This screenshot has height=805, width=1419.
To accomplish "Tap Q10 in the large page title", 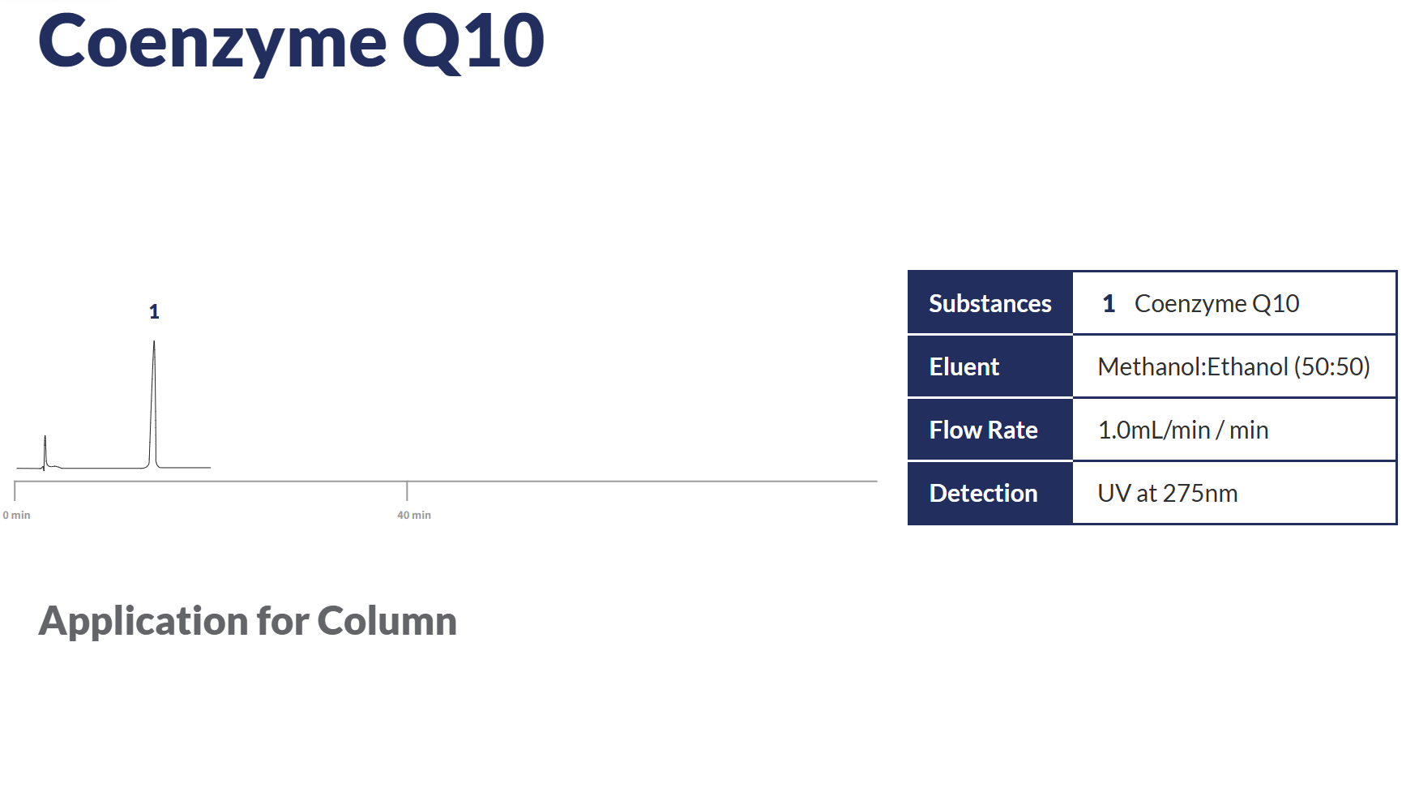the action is tap(473, 42).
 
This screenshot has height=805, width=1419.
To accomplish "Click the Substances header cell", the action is tap(989, 303).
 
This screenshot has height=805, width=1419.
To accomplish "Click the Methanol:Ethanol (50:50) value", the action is tap(1233, 366).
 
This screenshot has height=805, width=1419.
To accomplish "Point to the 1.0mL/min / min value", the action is tap(1182, 430).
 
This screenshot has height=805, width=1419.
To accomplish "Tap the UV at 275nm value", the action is tap(1167, 493).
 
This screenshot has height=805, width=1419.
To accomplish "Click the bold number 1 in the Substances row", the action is tap(1109, 303).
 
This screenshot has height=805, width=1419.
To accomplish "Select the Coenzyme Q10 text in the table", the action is tap(1216, 303).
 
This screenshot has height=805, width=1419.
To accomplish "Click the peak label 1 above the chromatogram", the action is tap(154, 311).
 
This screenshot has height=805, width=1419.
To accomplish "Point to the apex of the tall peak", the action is tap(154, 341).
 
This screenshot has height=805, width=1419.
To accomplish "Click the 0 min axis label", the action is tap(16, 515).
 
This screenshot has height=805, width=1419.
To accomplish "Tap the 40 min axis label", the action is tap(413, 515).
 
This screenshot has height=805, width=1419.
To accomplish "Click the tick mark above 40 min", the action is tap(407, 490).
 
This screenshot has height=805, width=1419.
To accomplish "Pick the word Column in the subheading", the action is tap(387, 621).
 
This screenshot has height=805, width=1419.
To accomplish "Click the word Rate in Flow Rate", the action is tap(1013, 430).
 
